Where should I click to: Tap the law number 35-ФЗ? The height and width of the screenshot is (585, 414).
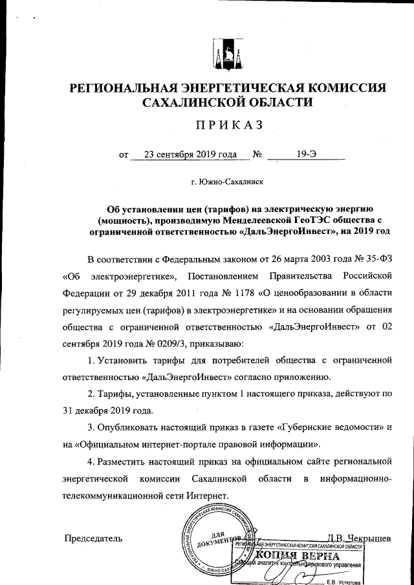(377, 260)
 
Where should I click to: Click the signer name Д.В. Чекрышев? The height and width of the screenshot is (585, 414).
(358, 538)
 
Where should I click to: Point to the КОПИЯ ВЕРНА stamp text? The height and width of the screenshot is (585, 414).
(297, 557)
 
